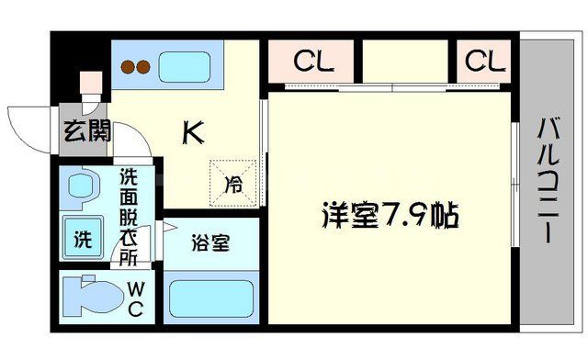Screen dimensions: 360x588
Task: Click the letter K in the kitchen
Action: pos(192,134)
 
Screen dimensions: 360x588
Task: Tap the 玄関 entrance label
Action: pos(86,130)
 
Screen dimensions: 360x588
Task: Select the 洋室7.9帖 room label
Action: pos(390,217)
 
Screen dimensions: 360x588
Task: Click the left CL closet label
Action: pos(313,62)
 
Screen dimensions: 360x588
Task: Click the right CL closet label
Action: pos(484,62)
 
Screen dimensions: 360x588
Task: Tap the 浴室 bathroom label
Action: pos(210,243)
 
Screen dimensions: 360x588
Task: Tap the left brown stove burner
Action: pos(130,65)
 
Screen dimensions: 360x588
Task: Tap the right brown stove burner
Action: pos(145,65)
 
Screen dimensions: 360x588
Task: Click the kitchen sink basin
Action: pos(188,65)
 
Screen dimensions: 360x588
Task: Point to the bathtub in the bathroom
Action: pos(210,299)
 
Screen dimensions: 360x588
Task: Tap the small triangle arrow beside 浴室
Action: pos(168,227)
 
